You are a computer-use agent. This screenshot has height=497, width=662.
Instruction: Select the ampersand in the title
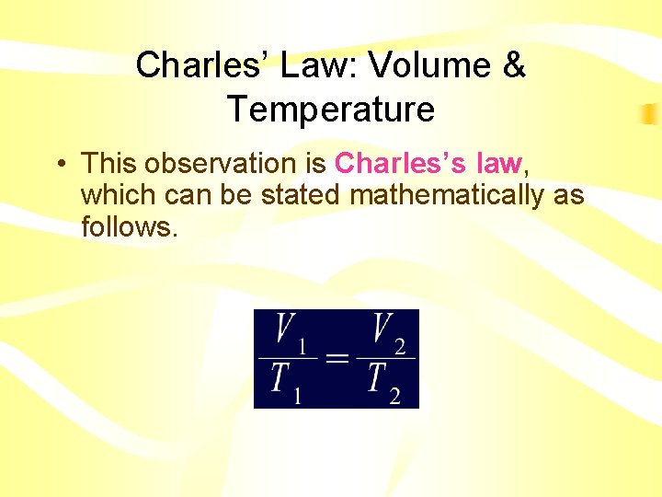point(513,65)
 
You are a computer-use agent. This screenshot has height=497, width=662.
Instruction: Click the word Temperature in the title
point(331,110)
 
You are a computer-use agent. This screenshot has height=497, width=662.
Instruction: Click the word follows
point(129,226)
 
